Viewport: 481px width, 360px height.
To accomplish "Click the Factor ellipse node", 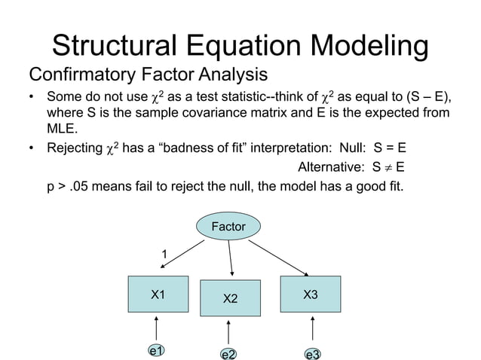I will (228, 226).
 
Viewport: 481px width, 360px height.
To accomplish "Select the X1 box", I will (158, 294).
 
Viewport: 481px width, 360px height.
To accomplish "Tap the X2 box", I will (230, 299).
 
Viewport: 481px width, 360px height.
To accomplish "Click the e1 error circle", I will (157, 351).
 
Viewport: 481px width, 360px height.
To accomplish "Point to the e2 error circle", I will (228, 353).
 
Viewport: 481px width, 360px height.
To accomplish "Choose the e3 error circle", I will (312, 353).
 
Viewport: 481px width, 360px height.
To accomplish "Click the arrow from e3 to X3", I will (312, 328).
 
